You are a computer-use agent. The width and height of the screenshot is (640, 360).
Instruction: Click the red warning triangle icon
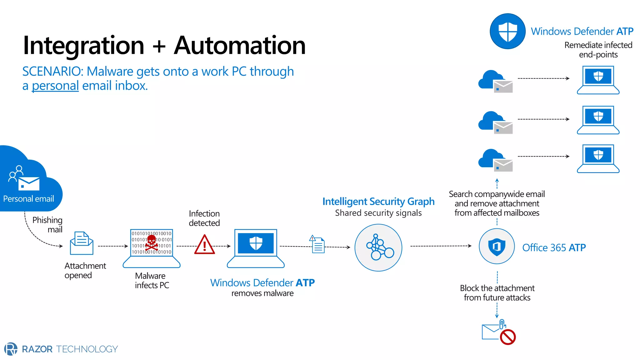click(x=204, y=245)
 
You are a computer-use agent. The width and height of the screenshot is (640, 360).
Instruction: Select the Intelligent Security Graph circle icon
click(x=378, y=247)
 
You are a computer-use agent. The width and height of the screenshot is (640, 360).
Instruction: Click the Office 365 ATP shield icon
click(x=497, y=246)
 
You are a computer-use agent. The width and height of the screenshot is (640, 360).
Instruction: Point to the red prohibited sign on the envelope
click(x=507, y=337)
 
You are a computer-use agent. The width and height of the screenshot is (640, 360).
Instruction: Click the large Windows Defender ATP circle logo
click(x=507, y=31)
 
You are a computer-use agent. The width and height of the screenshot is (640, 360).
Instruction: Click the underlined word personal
click(x=55, y=86)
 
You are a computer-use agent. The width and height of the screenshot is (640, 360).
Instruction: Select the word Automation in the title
click(x=240, y=46)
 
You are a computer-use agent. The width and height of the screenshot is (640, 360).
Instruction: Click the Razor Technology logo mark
click(x=11, y=349)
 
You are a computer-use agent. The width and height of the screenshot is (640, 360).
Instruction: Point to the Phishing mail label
click(x=48, y=224)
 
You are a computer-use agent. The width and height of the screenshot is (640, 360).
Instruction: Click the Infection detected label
click(x=204, y=218)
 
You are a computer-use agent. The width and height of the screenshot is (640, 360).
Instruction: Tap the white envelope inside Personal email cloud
click(x=29, y=184)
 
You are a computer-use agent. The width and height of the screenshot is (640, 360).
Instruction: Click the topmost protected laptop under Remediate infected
click(x=598, y=80)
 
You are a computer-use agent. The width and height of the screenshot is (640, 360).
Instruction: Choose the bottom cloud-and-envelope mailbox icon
click(x=495, y=160)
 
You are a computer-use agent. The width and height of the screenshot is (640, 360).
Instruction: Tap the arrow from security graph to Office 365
click(x=441, y=246)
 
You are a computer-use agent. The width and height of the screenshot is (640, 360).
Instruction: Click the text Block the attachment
click(x=497, y=288)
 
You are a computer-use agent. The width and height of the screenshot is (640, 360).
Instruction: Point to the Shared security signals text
click(x=378, y=213)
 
